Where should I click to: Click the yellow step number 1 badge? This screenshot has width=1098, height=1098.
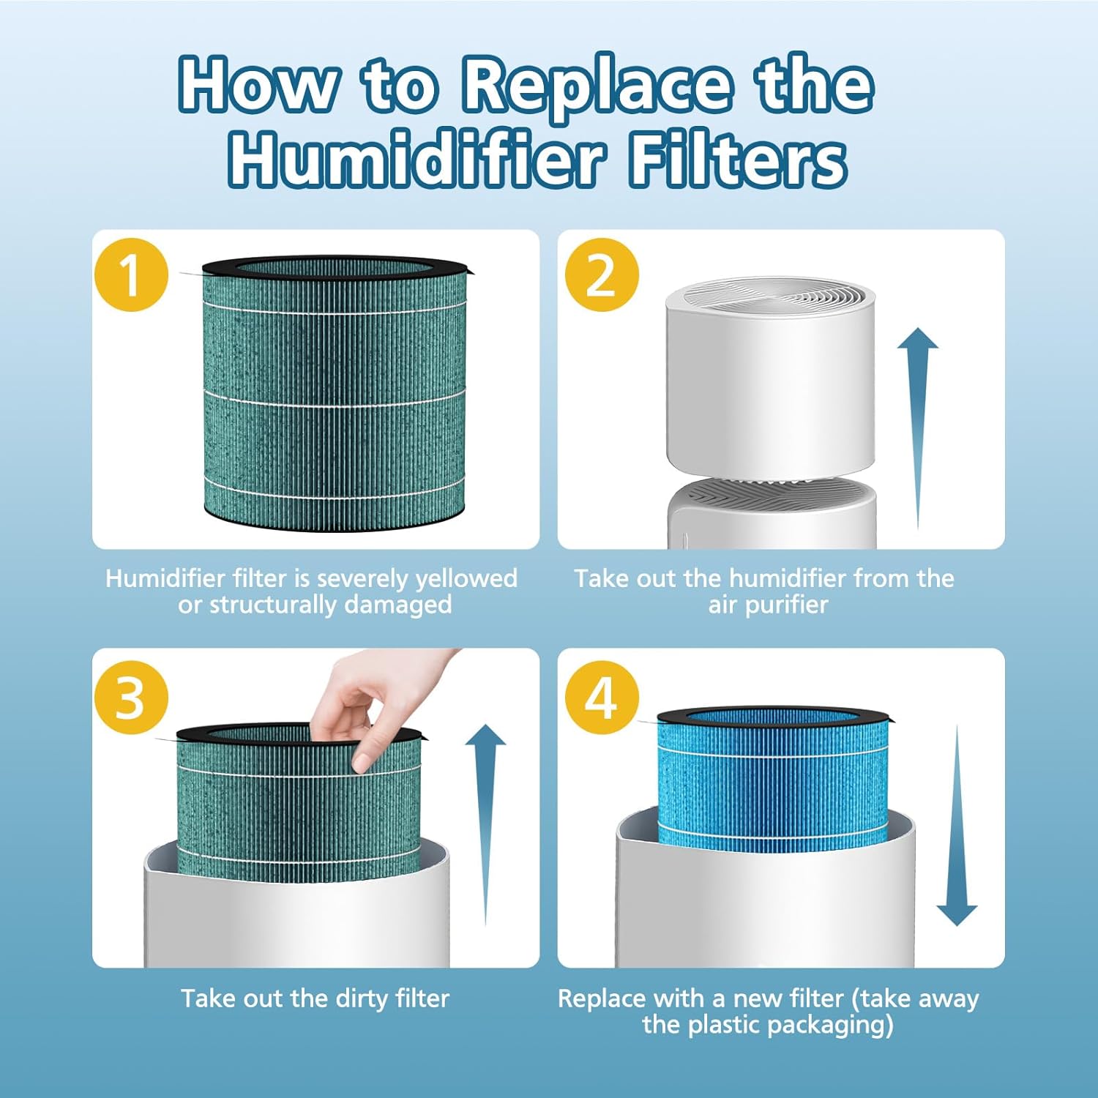pos(131,275)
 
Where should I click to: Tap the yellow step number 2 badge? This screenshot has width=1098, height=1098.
pos(602,275)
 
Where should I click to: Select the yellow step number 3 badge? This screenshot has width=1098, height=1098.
pos(131,698)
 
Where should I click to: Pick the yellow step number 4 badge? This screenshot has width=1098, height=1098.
pos(602,698)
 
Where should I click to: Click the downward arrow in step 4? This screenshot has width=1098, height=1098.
pos(957,827)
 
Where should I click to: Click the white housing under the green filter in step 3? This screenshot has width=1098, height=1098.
pos(296,915)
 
